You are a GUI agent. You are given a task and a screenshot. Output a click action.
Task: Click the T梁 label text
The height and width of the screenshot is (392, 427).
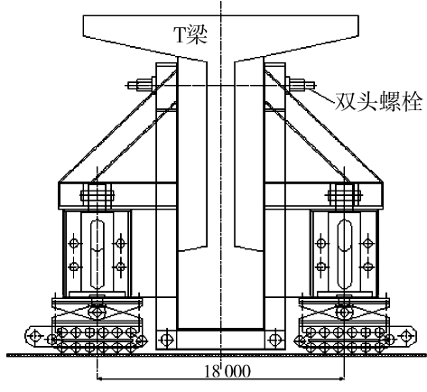pyautogui.click(x=190, y=35)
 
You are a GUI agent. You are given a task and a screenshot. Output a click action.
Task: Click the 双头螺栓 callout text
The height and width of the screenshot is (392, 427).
pyautogui.click(x=378, y=101)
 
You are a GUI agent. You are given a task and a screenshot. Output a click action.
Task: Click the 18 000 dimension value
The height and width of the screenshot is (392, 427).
pyautogui.click(x=227, y=371)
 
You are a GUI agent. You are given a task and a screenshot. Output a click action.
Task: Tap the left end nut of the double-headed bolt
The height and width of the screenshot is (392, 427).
pyautogui.click(x=144, y=85)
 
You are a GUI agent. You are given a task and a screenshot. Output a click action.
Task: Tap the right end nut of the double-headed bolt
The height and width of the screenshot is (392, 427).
pyautogui.click(x=297, y=85)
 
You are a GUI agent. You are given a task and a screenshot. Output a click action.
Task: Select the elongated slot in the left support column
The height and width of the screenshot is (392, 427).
pyautogui.click(x=97, y=254)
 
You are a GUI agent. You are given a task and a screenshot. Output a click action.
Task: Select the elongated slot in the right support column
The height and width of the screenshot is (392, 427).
pyautogui.click(x=345, y=254)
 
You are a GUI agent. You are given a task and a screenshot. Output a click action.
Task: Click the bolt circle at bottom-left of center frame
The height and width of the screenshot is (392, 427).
pyautogui.click(x=166, y=340)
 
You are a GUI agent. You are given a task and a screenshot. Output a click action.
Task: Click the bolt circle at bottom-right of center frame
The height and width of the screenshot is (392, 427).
pyautogui.click(x=274, y=340)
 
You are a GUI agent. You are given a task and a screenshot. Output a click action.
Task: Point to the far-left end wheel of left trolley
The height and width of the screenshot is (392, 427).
pyautogui.click(x=35, y=335)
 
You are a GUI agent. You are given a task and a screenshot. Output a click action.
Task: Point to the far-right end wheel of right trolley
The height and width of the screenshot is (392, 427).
pyautogui.click(x=406, y=335)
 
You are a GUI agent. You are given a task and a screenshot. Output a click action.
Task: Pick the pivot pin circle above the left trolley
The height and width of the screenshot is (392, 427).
pyautogui.click(x=97, y=312)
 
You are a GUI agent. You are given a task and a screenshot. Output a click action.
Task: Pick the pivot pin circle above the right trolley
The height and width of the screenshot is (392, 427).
pyautogui.click(x=344, y=312)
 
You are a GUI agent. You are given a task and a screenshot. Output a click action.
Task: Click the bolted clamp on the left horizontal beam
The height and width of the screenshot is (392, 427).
pyautogui.click(x=97, y=196)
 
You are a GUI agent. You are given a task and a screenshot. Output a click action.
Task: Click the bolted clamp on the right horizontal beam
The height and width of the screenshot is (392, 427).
pyautogui.click(x=345, y=196)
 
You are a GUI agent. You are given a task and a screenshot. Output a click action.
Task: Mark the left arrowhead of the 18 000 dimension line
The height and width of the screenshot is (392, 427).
pyautogui.click(x=100, y=378)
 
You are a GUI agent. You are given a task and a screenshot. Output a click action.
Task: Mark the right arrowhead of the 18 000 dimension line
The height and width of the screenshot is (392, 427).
pyautogui.click(x=341, y=378)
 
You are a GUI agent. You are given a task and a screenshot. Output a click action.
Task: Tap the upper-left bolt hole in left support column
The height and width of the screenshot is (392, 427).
pyautogui.click(x=74, y=243)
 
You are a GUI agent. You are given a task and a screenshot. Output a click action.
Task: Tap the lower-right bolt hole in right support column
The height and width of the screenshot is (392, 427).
pyautogui.click(x=367, y=266)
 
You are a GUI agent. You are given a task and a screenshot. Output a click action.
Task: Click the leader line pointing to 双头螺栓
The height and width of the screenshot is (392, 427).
pyautogui.click(x=322, y=94)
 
